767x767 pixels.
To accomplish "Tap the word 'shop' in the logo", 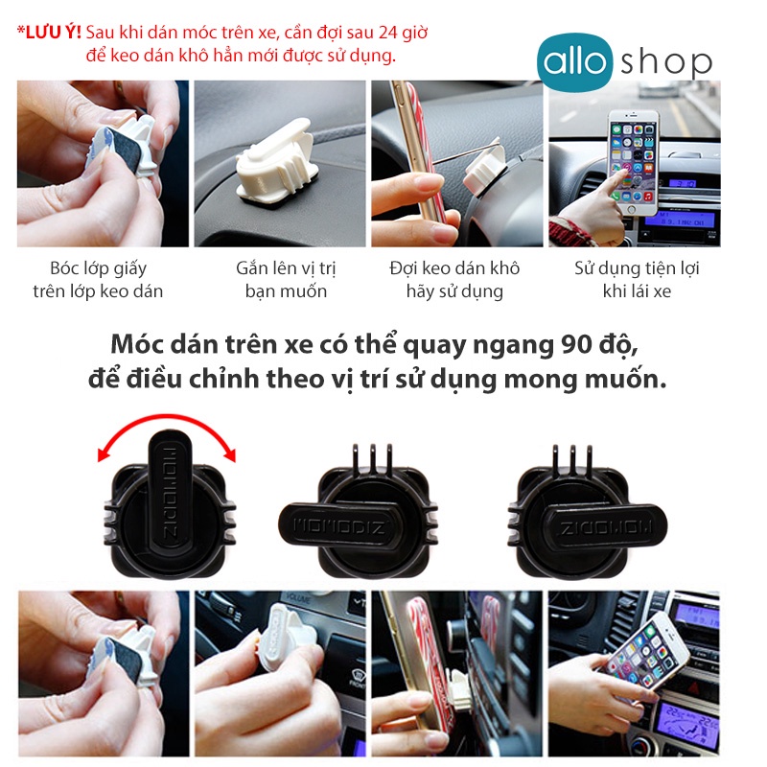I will tap(665, 62).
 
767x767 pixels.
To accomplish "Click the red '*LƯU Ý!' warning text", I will tap(48, 33).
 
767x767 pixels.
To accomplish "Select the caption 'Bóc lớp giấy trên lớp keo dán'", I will tap(99, 279).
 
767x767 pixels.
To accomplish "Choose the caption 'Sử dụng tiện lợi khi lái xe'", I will tap(636, 279).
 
